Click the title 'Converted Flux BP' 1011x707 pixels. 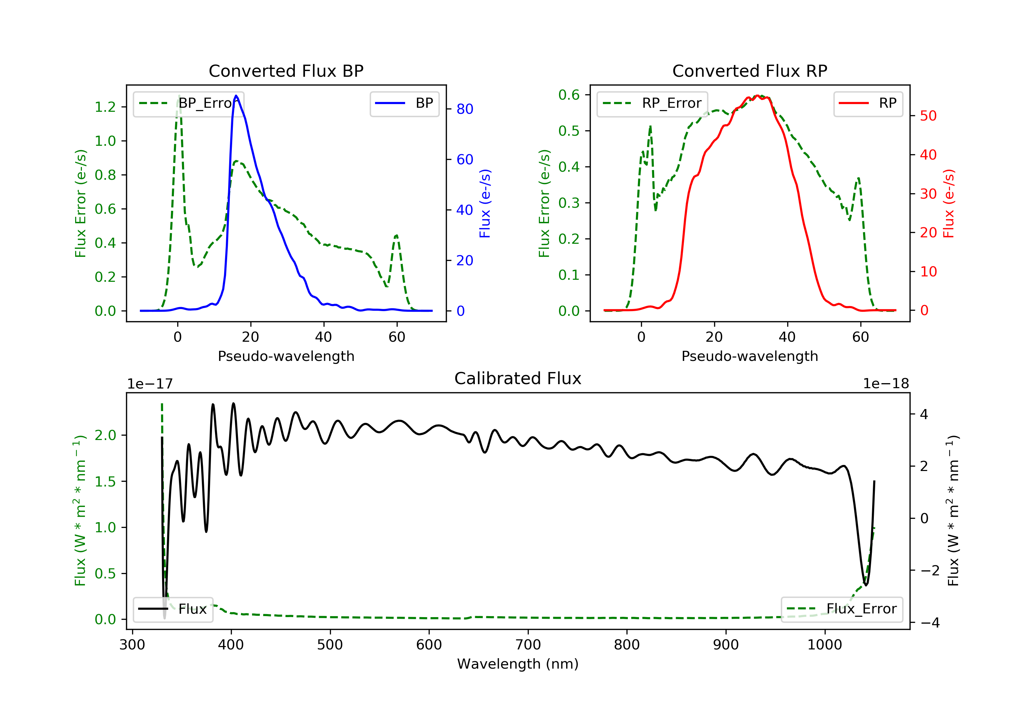286,71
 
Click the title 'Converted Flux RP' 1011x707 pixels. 749,71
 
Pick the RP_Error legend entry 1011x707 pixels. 652,103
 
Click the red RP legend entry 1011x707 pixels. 868,103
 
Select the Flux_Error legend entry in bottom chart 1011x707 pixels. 841,609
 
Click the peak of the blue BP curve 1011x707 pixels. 236,96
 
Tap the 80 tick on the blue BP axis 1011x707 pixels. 464,109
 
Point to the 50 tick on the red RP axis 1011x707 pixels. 928,116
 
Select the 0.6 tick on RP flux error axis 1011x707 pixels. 569,95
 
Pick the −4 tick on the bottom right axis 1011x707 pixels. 930,622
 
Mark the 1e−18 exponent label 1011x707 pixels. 886,384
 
